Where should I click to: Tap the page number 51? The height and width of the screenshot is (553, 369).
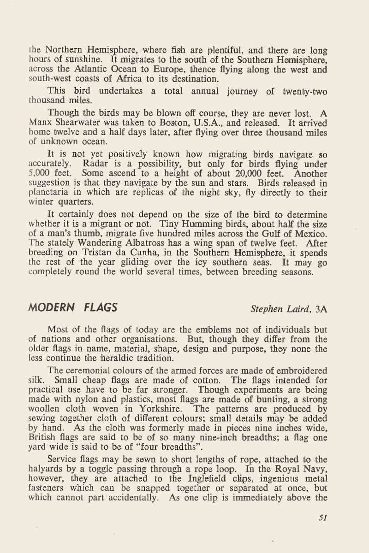tap(322, 518)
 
